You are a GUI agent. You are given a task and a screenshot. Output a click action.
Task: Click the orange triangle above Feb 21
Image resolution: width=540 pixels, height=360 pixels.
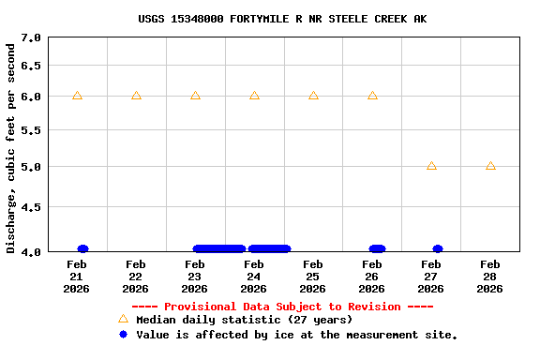(77, 96)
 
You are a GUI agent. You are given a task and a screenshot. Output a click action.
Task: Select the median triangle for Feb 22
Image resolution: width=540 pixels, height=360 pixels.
(136, 96)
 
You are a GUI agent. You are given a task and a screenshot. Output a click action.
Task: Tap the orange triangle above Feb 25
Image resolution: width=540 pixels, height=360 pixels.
(313, 96)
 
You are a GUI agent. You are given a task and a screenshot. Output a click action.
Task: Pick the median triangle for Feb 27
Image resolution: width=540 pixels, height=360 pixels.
(431, 166)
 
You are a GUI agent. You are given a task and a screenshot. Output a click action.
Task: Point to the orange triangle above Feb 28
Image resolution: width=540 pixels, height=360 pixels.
(490, 166)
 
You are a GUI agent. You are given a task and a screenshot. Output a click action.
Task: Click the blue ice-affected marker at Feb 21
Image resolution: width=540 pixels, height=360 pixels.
(82, 248)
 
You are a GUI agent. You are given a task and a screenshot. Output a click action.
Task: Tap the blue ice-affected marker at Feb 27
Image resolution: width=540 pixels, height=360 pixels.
(438, 248)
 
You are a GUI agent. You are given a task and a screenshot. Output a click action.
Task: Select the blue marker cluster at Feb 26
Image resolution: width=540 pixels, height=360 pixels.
(377, 248)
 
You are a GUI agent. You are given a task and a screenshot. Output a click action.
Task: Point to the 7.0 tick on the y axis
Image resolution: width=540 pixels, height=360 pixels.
(31, 37)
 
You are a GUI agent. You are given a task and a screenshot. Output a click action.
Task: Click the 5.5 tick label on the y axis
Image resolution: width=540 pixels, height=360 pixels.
(31, 130)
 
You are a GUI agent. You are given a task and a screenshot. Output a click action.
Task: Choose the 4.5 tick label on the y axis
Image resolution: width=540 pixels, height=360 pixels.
(31, 207)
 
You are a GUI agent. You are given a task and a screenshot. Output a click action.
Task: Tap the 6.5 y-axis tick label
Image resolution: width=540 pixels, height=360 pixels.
(31, 66)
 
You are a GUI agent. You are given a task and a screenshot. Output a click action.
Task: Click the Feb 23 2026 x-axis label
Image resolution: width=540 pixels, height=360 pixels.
(195, 277)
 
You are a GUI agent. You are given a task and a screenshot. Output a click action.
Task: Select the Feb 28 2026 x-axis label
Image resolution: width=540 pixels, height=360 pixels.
(490, 277)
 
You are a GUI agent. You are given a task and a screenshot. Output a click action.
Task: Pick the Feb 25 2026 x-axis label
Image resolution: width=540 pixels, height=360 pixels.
(313, 277)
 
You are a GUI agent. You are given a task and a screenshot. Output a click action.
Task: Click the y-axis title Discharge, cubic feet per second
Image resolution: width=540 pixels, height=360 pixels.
(11, 145)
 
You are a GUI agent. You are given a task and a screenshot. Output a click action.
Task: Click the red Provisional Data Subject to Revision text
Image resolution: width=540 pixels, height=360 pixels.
(282, 307)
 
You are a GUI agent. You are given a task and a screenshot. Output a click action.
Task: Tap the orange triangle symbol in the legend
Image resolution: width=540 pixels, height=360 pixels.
(123, 319)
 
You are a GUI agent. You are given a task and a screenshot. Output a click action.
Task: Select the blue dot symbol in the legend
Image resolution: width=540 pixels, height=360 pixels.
(123, 334)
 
